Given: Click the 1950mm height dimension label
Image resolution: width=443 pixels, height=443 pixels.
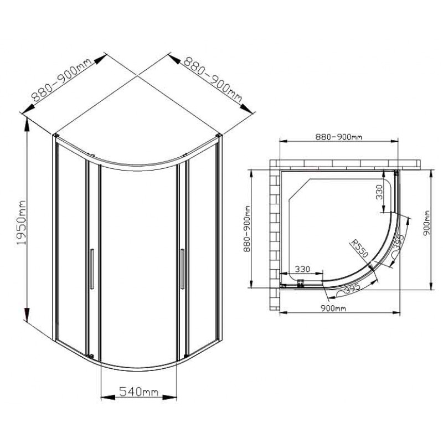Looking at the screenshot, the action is tap(21, 223).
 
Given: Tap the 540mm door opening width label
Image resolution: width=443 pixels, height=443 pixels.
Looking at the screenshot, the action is tap(139, 392).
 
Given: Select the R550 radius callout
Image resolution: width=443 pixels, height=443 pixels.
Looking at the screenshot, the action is tap(359, 249).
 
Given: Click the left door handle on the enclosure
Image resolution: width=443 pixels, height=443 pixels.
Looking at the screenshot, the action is tap(91, 269).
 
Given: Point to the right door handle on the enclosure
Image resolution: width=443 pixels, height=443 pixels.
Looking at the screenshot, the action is tap(182, 269).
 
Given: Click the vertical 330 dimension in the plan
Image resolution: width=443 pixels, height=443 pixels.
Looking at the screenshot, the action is tap(379, 192).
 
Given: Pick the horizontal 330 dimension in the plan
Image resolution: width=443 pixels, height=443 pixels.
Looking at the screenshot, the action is tap(302, 269).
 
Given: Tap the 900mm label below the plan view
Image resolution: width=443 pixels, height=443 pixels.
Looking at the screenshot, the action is tap(333, 308).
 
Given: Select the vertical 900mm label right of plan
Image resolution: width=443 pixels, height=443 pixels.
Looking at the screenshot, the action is tap(426, 223).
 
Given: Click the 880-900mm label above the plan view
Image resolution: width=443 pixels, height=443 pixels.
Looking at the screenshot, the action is tap(338, 137).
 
